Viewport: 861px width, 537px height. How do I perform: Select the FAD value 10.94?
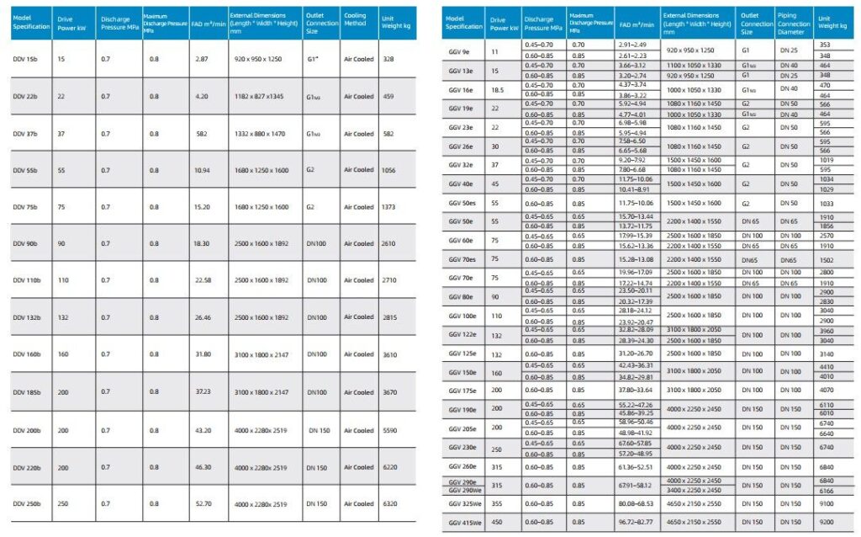tap(202, 170)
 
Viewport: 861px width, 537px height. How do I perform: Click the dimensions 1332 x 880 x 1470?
tap(256, 134)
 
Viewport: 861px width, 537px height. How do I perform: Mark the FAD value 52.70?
tap(202, 504)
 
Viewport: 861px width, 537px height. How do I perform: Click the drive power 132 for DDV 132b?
tap(62, 317)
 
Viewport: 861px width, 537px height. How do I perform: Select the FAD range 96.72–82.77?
tap(636, 523)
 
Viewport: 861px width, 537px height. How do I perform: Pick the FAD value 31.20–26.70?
tap(636, 354)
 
